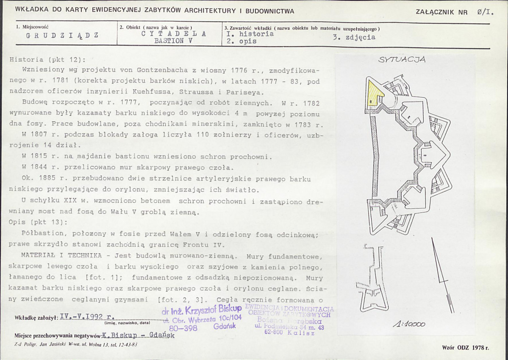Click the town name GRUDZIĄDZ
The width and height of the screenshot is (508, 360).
(62, 35)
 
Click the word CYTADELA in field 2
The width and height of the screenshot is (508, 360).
(174, 34)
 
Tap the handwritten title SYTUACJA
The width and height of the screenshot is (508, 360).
(402, 60)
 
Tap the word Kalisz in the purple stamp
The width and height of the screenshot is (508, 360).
(301, 333)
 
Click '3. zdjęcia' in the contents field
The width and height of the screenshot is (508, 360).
(354, 37)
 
